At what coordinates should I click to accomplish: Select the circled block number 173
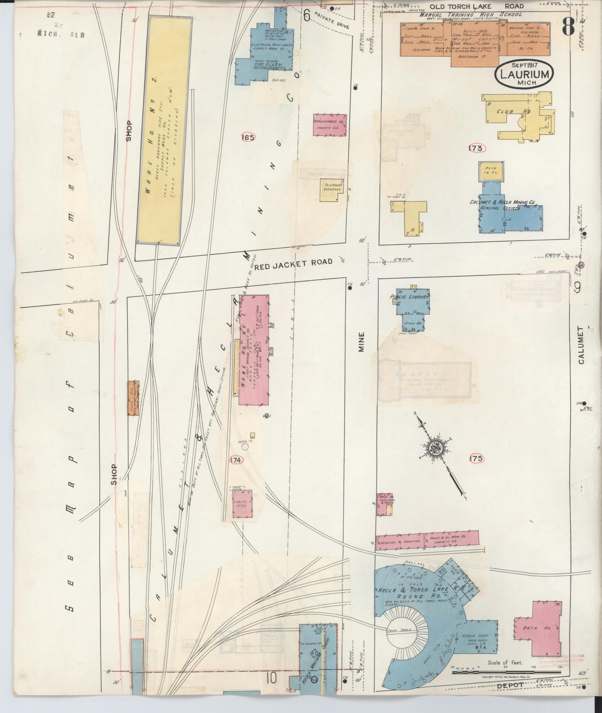(x=476, y=148)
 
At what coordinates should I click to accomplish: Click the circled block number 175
(x=476, y=459)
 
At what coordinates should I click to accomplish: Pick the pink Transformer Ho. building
(x=330, y=125)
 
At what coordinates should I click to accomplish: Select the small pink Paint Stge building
(x=242, y=504)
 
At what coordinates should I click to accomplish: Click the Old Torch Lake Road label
(x=477, y=6)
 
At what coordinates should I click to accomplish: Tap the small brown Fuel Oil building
(x=133, y=398)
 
